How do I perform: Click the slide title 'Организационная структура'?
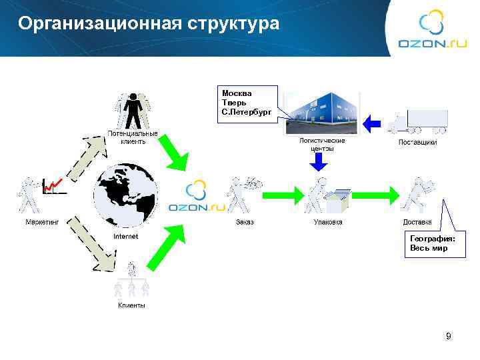pyautogui.click(x=149, y=24)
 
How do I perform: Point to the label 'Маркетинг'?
pyautogui.click(x=42, y=222)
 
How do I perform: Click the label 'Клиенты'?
pyautogui.click(x=131, y=305)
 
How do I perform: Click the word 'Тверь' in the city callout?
pyautogui.click(x=233, y=103)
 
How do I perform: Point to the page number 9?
pyautogui.click(x=448, y=337)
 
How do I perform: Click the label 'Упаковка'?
pyautogui.click(x=328, y=222)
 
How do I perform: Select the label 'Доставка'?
pyautogui.click(x=417, y=222)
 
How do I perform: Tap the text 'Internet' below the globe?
pyautogui.click(x=126, y=237)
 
